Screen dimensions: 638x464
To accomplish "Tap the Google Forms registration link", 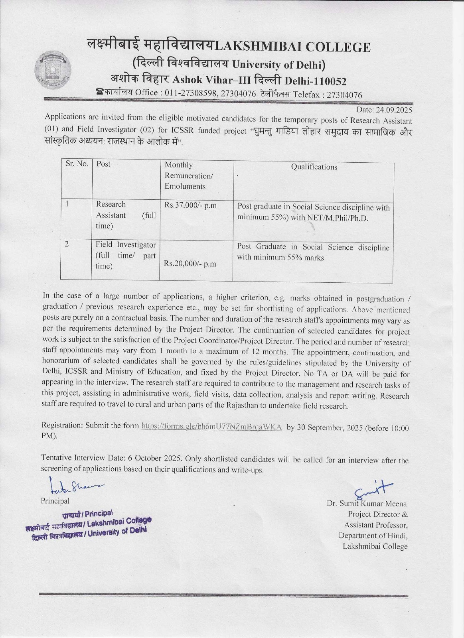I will point(211,426).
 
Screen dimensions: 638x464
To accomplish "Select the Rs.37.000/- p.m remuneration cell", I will point(190,205).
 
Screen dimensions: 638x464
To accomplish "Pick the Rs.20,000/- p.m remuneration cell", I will point(190,264).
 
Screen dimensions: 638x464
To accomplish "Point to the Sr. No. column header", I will point(77,164).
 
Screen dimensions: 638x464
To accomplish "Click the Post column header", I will point(103,164).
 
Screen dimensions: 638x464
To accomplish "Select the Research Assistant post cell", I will point(125,215).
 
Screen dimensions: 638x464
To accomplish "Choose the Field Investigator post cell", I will point(125,255).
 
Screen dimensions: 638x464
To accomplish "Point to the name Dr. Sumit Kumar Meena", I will point(367,504).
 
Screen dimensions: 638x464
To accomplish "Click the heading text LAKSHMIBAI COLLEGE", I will point(292,47).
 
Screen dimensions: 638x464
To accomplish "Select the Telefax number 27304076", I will point(344,95).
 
